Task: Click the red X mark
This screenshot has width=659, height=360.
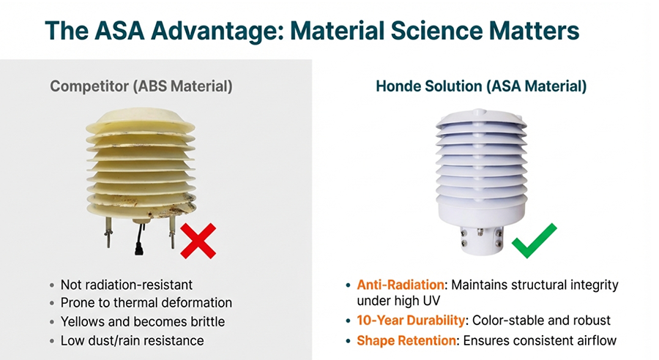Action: pos(198,241)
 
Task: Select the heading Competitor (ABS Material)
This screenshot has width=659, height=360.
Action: pos(141,86)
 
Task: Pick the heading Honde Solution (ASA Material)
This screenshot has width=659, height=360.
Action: pos(481,86)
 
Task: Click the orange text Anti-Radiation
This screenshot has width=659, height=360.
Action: pos(401,285)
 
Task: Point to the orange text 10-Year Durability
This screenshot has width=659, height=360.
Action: pos(411,320)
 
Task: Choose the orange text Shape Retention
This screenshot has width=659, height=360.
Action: pos(406,340)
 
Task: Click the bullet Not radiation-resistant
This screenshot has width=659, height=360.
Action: pos(127,285)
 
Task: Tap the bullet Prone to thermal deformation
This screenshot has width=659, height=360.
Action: pos(146,302)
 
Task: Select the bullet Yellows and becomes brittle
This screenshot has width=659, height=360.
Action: pos(143,321)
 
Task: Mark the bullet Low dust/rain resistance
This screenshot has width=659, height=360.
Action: pos(133,340)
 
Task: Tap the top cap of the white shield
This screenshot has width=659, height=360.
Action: pos(481,119)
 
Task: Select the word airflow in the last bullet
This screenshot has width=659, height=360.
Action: pos(597,340)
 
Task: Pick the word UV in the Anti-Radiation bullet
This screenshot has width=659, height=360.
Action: pos(431,301)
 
